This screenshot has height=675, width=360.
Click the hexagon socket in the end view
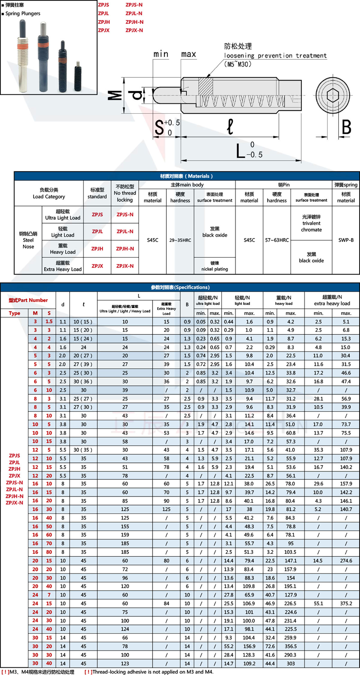click(x=333, y=95)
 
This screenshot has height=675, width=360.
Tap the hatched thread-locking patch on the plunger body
click(x=205, y=86)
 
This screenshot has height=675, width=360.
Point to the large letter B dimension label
click(x=346, y=127)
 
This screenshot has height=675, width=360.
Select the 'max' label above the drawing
click(x=188, y=54)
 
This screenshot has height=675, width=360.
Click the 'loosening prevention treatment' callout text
click(x=275, y=55)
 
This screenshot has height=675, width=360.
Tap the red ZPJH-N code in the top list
click(x=134, y=22)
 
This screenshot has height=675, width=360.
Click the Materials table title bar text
click(x=186, y=176)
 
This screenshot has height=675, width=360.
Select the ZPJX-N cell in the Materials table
click(x=125, y=266)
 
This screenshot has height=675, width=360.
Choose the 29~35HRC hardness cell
click(x=180, y=240)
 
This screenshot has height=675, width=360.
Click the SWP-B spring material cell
click(x=346, y=240)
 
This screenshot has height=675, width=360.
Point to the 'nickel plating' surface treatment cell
click(x=214, y=266)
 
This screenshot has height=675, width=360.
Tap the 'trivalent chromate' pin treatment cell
click(x=311, y=223)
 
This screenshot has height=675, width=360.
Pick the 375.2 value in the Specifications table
click(x=346, y=603)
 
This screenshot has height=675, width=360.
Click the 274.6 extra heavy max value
click(x=346, y=560)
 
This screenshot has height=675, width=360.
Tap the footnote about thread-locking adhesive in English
click(x=149, y=672)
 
